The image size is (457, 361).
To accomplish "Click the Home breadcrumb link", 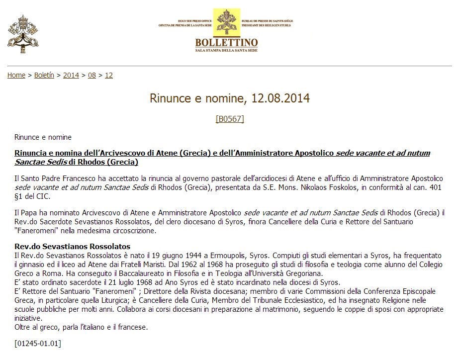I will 16,75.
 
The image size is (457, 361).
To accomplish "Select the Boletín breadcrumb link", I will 44,75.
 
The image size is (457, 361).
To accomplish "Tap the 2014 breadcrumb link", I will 71,75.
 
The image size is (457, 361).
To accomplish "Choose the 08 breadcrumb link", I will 92,75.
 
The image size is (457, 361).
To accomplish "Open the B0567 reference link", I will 230,119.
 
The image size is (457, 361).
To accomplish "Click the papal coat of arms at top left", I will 23,33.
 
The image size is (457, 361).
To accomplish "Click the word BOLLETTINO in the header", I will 226,42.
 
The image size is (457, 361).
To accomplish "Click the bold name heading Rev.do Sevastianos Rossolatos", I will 73,247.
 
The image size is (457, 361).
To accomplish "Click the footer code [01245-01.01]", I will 38,343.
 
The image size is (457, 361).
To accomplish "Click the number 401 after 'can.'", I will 436,187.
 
